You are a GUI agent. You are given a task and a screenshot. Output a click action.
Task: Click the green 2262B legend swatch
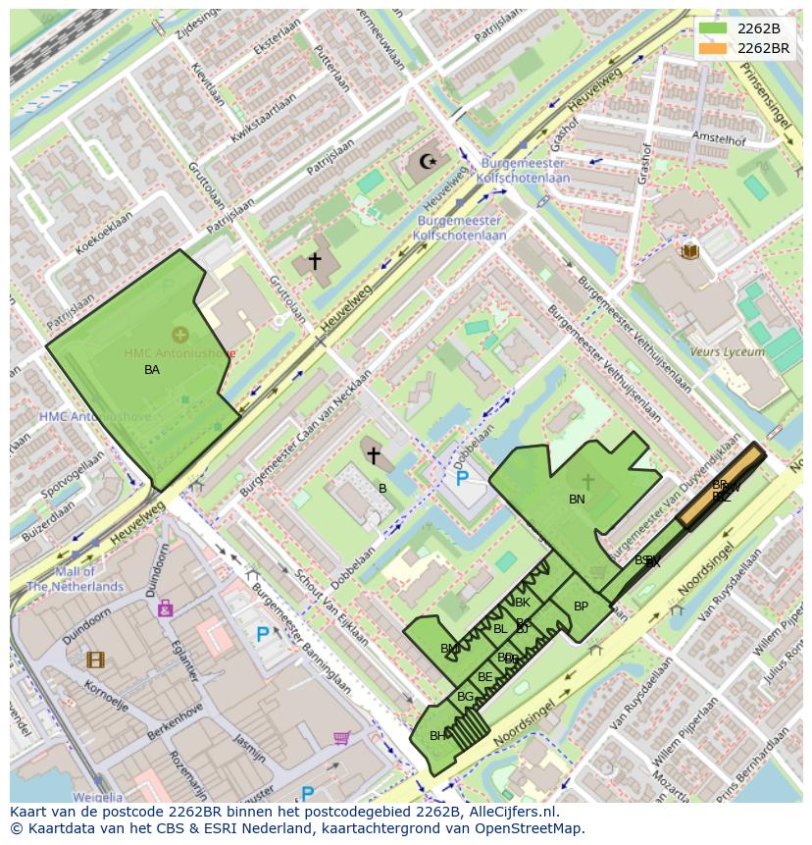tap(713, 28)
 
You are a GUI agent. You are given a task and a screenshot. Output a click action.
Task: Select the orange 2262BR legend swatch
tap(713, 48)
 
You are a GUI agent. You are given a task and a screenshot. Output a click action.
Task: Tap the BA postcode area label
tap(152, 370)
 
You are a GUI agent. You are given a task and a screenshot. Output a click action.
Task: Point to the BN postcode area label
tap(577, 500)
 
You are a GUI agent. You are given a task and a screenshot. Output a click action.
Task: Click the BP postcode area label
tap(581, 607)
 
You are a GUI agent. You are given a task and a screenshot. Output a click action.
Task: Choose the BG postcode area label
tap(465, 697)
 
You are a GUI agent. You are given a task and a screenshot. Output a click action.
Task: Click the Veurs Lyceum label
tap(727, 351)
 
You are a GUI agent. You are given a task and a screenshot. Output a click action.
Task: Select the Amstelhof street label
tap(718, 139)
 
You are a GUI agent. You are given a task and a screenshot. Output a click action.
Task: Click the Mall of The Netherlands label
tap(75, 579)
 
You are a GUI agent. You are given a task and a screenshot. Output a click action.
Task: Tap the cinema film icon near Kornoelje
tap(95, 660)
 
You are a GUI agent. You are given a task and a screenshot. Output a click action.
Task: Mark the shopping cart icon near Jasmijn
tap(341, 737)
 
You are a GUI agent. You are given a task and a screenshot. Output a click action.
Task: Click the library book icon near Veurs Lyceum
tap(690, 251)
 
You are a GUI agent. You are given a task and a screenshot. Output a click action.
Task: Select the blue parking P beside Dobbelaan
tap(462, 479)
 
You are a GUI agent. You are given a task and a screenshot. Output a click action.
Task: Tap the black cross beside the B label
tap(373, 455)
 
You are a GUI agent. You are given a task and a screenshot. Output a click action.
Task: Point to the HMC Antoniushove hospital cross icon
tap(180, 335)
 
